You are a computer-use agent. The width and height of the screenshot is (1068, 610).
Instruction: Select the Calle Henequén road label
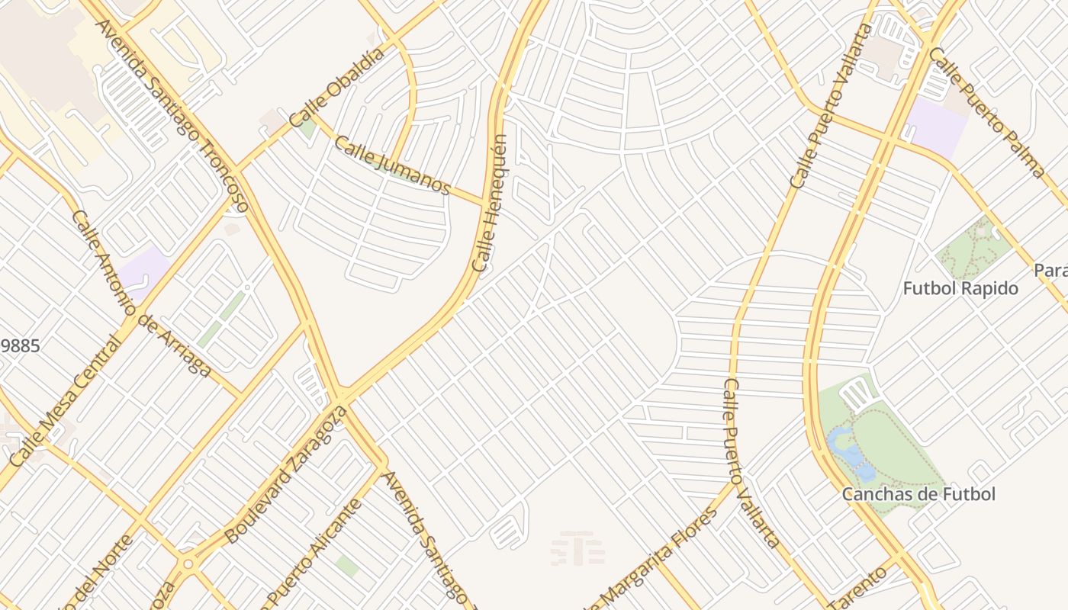tap(490, 204)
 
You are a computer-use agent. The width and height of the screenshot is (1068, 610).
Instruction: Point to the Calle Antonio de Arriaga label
tap(141, 294)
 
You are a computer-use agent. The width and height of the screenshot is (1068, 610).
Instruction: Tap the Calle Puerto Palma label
tap(986, 112)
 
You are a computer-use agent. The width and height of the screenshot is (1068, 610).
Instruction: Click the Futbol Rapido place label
tap(960, 289)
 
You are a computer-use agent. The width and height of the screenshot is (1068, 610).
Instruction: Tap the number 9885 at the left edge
tap(20, 345)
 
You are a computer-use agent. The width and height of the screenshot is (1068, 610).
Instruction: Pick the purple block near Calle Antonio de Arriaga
tap(143, 270)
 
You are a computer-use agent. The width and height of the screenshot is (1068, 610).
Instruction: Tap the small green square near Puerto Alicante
tap(347, 565)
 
